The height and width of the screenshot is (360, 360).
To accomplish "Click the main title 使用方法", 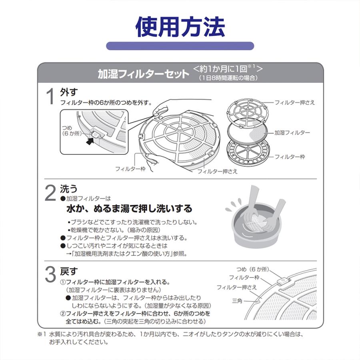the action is [180, 27].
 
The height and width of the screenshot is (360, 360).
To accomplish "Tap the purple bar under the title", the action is [180, 46].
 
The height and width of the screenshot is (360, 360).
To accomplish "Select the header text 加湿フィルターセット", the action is [144, 74].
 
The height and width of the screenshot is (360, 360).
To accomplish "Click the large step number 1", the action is [50, 96].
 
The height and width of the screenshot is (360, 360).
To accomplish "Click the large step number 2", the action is [50, 193].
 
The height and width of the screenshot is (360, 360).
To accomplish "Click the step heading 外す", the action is [69, 92].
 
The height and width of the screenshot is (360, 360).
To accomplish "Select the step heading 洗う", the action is [69, 189].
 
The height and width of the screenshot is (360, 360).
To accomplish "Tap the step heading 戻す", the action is [69, 271].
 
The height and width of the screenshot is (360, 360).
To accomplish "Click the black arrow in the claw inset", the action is [91, 141].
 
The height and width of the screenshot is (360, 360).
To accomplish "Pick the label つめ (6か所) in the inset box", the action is [72, 131].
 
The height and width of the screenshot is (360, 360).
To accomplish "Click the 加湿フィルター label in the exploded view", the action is [292, 132].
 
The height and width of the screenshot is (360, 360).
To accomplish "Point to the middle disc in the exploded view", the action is [247, 133].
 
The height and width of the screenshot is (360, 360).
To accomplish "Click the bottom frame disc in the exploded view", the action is [247, 153].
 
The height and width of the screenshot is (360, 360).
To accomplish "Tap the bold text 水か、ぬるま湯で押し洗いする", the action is [129, 208].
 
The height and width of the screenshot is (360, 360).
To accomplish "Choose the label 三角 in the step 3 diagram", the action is [237, 300].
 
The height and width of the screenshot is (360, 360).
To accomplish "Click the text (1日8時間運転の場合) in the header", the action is [228, 78].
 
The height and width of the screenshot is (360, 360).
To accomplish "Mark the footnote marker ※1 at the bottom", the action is [42, 334].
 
